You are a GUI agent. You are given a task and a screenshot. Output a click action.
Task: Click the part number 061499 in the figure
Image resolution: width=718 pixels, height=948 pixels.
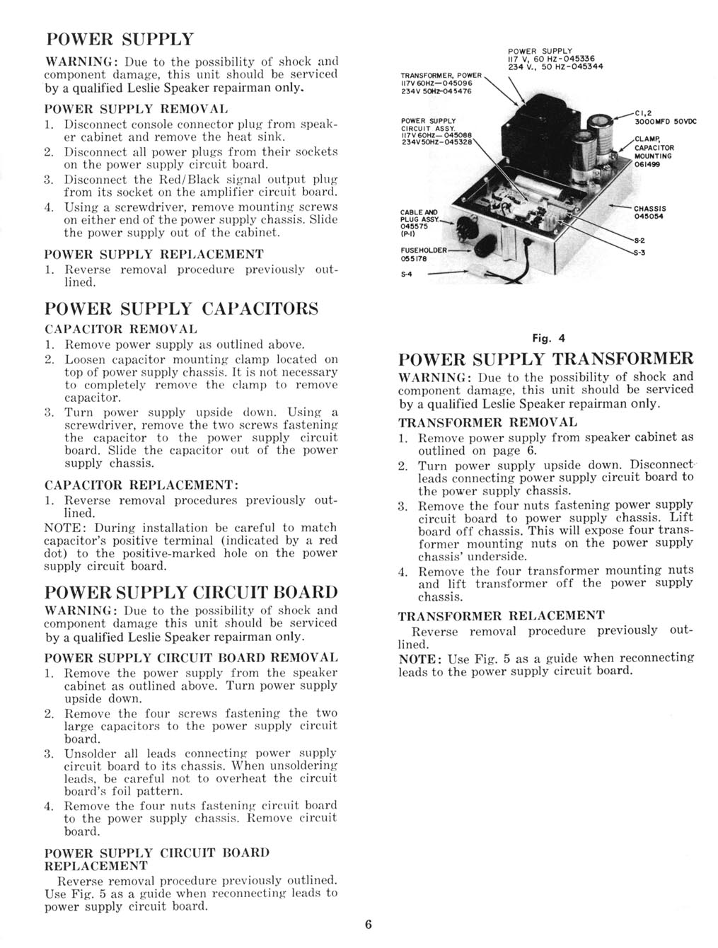pyautogui.click(x=648, y=163)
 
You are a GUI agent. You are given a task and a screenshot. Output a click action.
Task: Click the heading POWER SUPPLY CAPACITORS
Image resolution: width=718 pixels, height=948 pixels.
pyautogui.click(x=181, y=309)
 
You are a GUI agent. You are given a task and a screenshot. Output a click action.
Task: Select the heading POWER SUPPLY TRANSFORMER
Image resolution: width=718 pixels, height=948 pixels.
pyautogui.click(x=545, y=358)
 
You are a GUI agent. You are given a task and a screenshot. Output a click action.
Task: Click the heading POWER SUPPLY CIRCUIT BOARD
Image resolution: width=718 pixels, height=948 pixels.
pyautogui.click(x=191, y=591)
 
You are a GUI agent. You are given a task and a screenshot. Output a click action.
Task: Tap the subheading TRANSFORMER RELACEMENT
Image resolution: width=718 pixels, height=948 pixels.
pyautogui.click(x=502, y=615)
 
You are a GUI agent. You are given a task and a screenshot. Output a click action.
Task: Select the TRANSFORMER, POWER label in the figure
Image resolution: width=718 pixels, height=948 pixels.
pyautogui.click(x=441, y=75)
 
